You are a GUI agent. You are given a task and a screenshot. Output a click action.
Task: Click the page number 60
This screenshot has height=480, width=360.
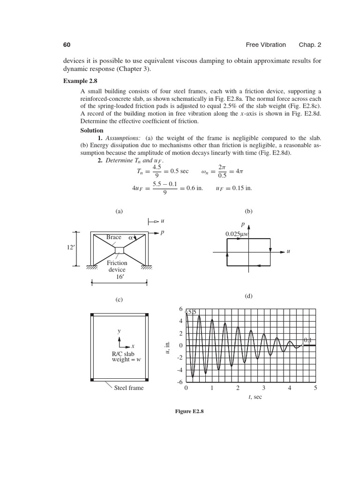(67, 45)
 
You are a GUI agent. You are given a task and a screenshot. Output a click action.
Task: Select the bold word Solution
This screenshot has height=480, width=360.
(92, 130)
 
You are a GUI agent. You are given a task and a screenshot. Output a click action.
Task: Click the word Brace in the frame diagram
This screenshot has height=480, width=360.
(114, 238)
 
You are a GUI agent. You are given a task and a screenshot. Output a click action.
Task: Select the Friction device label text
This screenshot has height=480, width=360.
(117, 266)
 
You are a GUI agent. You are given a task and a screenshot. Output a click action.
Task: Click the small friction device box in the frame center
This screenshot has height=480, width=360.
(119, 249)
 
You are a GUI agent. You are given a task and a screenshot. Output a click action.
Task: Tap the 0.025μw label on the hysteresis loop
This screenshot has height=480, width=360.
(240, 234)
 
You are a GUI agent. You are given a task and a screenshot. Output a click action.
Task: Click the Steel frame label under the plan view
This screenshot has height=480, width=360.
(129, 388)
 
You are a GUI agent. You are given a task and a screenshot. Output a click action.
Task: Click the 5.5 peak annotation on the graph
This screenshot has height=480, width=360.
(192, 312)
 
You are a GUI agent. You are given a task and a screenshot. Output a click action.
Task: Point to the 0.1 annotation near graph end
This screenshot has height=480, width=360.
(308, 340)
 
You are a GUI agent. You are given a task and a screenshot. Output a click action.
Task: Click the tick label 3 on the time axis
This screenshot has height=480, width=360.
(264, 388)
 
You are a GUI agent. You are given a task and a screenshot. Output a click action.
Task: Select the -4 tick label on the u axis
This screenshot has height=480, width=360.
(180, 370)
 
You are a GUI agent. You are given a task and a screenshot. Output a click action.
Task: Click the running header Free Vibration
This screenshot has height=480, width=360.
(266, 45)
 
